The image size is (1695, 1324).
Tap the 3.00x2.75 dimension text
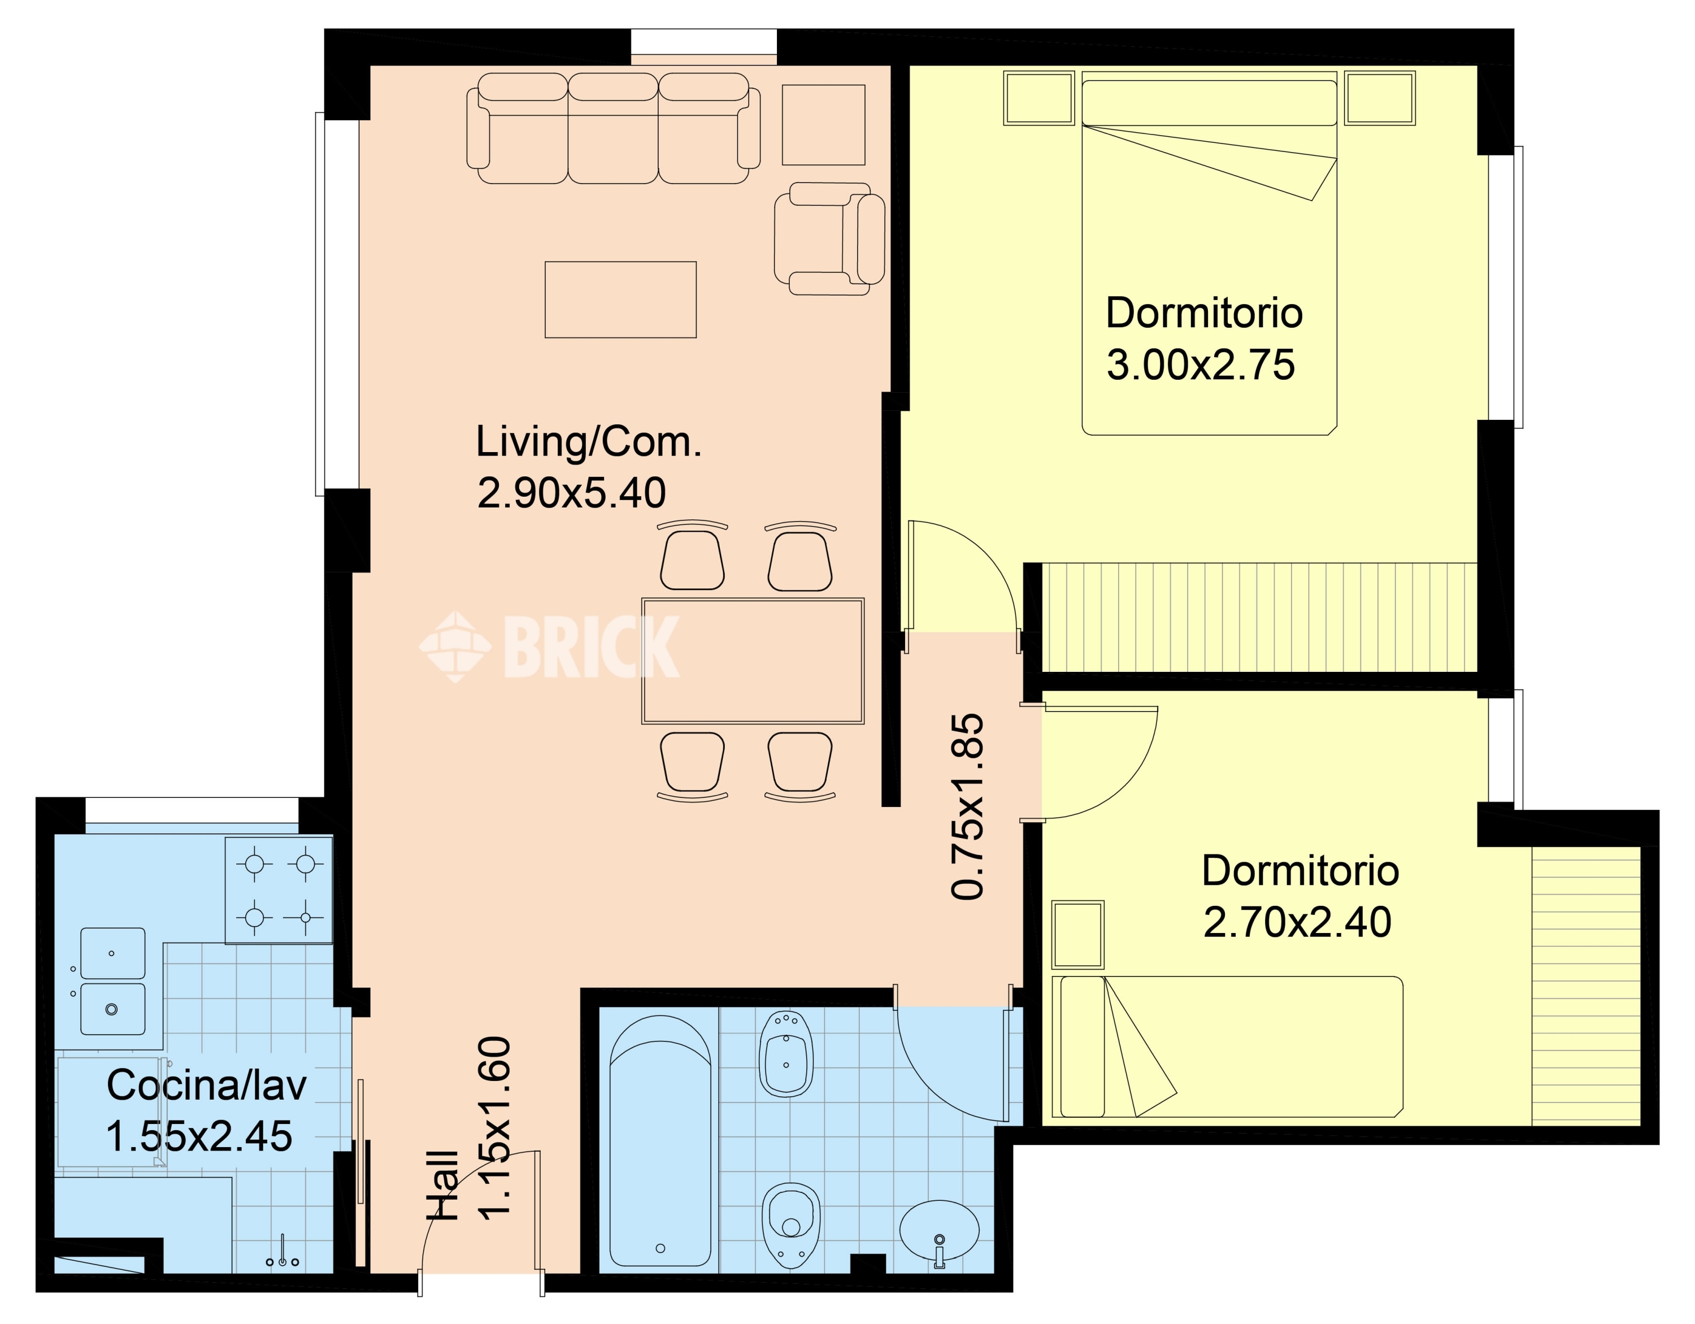pyautogui.click(x=1201, y=364)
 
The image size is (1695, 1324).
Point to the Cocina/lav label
pyautogui.click(x=206, y=1085)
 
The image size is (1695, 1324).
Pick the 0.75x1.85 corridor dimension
pyautogui.click(x=967, y=807)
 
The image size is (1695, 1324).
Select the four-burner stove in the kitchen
pyautogui.click(x=279, y=890)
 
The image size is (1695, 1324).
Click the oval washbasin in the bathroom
pyautogui.click(x=939, y=1232)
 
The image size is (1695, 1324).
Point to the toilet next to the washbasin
pyautogui.click(x=791, y=1225)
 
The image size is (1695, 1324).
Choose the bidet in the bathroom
pyautogui.click(x=786, y=1052)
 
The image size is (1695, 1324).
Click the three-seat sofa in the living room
pyautogui.click(x=613, y=128)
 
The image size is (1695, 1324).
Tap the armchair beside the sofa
pyautogui.click(x=829, y=239)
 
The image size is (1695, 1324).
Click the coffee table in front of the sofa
pyautogui.click(x=620, y=299)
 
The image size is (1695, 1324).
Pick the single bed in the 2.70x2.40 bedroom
pyautogui.click(x=1227, y=1047)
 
